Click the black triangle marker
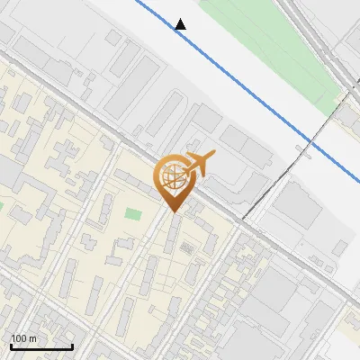[181, 24]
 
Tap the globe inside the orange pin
[172, 176]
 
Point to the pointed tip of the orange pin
[173, 211]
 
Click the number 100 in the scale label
[19, 338]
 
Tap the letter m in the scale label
[32, 338]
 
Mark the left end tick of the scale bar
[11, 346]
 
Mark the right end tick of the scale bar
[72, 346]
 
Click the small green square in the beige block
[133, 215]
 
